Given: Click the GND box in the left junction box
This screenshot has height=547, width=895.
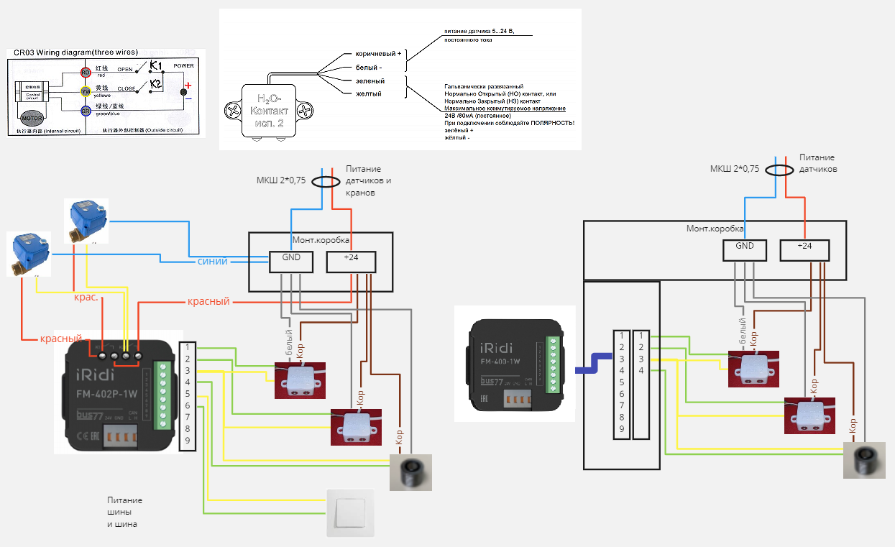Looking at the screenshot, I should [x=290, y=262].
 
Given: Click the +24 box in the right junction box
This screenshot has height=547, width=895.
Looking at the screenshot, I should [x=804, y=249].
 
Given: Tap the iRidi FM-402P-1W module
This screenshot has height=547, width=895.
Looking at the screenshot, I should [x=114, y=396].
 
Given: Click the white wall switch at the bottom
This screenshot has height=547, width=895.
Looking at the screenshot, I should [x=351, y=512].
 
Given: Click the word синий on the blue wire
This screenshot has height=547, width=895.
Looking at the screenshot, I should [x=213, y=261].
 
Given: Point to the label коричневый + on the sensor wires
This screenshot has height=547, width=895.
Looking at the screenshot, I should [x=379, y=54].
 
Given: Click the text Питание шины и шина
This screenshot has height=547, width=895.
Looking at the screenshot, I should [x=124, y=512].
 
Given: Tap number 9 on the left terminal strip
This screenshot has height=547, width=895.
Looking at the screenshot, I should [x=187, y=441].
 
